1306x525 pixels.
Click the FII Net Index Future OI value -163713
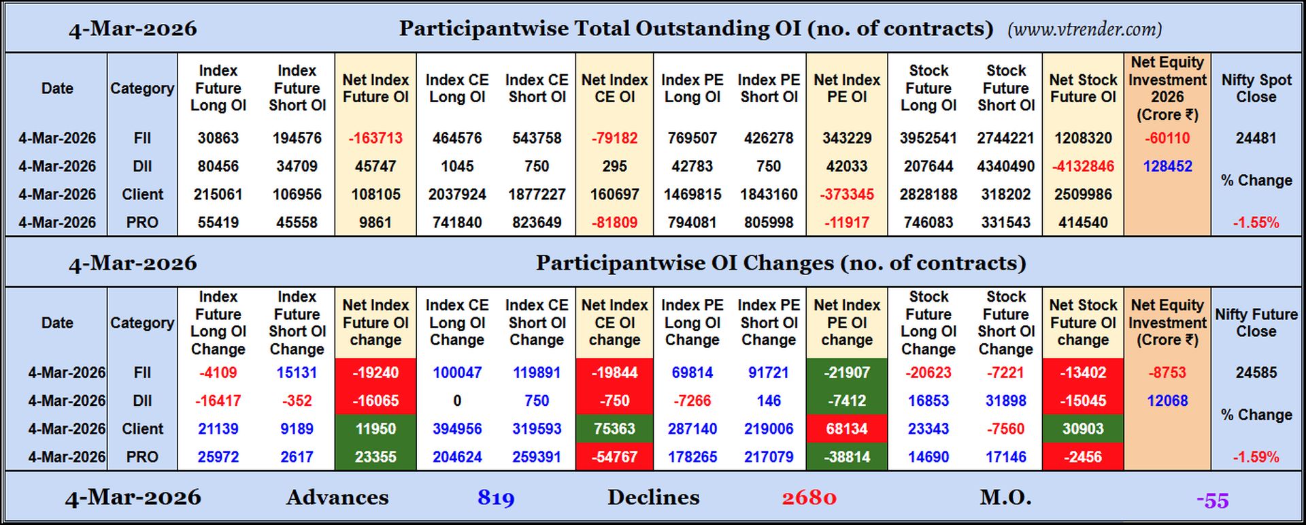click(375, 138)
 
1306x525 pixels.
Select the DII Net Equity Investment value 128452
click(1167, 166)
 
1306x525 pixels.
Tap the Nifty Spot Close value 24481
click(1256, 138)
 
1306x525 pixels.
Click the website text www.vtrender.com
click(1084, 29)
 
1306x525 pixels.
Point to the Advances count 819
click(496, 498)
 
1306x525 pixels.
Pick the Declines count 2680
click(809, 498)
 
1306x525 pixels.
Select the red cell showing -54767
click(614, 457)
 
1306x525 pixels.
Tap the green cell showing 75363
click(614, 429)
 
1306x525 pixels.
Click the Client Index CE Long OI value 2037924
click(457, 195)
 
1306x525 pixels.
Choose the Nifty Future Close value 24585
click(1256, 373)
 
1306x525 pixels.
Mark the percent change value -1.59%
click(1256, 458)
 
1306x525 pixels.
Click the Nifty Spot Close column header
click(1256, 89)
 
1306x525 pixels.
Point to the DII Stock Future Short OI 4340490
click(1006, 166)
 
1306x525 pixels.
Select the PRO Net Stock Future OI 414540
click(1083, 223)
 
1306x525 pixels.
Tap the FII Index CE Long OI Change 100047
click(457, 373)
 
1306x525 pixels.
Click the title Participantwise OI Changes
click(780, 264)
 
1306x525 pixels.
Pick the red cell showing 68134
click(846, 429)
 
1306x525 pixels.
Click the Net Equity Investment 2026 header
click(1167, 89)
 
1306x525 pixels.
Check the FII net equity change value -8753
click(1167, 373)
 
